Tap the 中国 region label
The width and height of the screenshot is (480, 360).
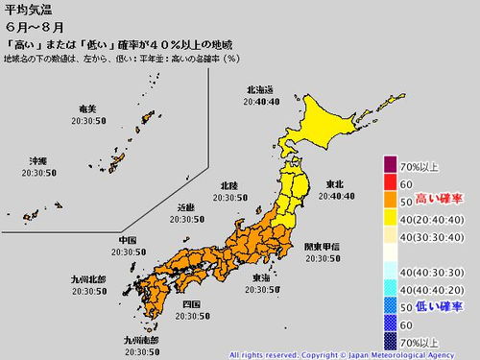(127, 238)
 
